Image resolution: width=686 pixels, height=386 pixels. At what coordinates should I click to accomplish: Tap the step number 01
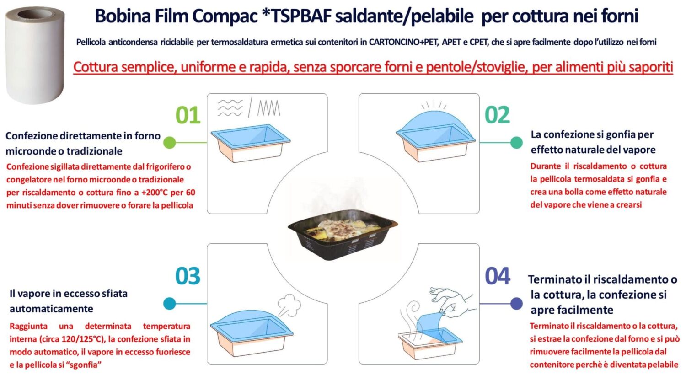tap(188, 115)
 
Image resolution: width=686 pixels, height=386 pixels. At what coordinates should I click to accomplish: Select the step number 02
tap(497, 115)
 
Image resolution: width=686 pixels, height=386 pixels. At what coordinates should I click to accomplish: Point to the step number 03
tap(188, 276)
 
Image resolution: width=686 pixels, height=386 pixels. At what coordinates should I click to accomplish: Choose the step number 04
tap(498, 276)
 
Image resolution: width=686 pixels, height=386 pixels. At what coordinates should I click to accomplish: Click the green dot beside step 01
tap(169, 142)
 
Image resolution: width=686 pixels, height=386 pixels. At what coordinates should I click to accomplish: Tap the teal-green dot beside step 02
tap(516, 142)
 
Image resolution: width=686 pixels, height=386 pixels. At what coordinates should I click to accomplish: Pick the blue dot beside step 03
tap(169, 303)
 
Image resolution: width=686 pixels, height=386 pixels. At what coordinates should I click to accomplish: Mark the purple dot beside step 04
tap(516, 303)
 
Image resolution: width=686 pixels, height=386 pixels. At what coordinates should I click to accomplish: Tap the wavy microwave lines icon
tap(230, 108)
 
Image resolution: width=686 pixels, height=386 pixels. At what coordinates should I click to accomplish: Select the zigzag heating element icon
tap(269, 108)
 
